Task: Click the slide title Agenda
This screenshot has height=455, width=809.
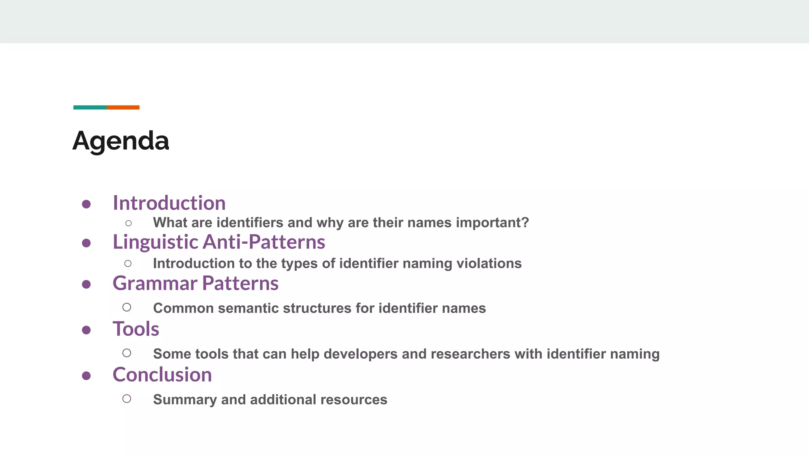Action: coord(121,141)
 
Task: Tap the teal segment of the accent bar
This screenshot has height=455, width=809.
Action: coord(90,107)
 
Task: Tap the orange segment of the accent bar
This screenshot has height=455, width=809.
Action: coord(123,107)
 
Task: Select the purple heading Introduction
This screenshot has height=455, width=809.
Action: coord(169,203)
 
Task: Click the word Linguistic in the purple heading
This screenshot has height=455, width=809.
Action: coord(155,242)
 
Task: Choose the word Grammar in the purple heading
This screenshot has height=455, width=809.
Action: coord(155,284)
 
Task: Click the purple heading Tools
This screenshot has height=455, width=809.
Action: coord(136,329)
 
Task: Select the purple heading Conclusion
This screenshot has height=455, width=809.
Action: coord(162,375)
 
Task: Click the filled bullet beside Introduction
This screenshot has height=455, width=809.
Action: coord(87,204)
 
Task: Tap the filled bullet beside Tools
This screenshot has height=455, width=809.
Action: coord(87,330)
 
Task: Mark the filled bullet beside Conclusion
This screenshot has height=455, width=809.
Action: coord(87,376)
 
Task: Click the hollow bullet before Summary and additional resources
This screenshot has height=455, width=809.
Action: coord(127,399)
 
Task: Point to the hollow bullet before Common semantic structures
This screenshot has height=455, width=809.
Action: coord(127,307)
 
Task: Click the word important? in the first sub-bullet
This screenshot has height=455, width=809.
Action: coord(492,223)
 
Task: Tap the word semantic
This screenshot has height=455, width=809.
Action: coord(248,308)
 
